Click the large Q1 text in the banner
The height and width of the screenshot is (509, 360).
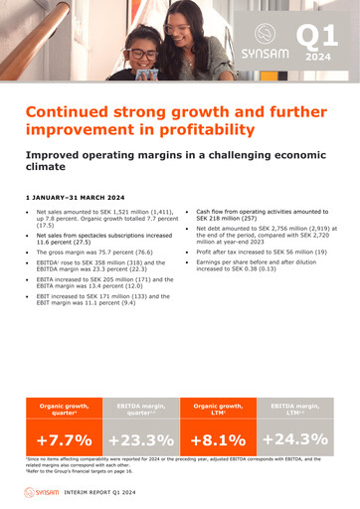[x=317, y=38]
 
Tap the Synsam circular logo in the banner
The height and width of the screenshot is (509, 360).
[x=265, y=33]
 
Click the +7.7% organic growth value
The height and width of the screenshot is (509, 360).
[x=64, y=438]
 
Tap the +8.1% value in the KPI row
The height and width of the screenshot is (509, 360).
[x=218, y=438]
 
